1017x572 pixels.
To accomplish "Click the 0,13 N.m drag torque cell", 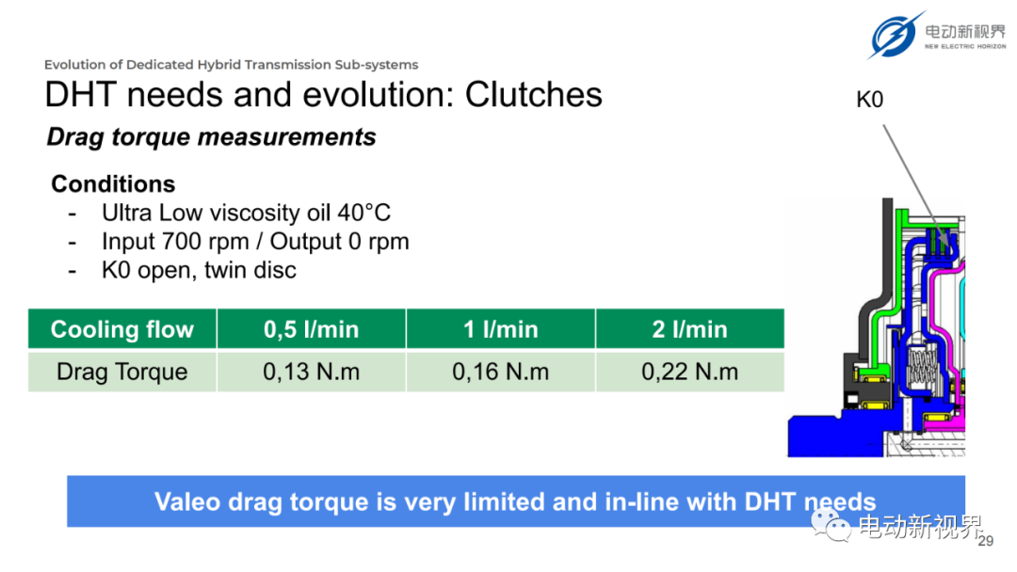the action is [312, 372].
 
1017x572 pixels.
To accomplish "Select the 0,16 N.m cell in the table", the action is [501, 372].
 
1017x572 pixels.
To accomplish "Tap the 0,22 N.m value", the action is [690, 372].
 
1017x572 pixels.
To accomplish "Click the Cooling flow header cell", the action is [121, 329].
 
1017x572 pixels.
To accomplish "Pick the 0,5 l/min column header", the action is [312, 329].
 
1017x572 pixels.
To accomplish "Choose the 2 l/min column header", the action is [690, 329].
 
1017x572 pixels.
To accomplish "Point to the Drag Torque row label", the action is [121, 372].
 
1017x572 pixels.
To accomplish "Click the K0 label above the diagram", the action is [870, 100].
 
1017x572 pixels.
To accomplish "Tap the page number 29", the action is [986, 541].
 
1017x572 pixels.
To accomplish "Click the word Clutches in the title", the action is [533, 95].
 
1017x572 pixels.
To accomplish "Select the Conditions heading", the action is [114, 184].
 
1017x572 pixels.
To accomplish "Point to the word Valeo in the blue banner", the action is [186, 501].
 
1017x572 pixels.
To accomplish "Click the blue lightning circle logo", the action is [896, 35].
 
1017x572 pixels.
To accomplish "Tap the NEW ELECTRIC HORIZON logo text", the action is [965, 47].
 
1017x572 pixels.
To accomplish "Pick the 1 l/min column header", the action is [501, 329].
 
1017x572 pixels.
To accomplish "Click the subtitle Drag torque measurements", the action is [212, 137].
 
